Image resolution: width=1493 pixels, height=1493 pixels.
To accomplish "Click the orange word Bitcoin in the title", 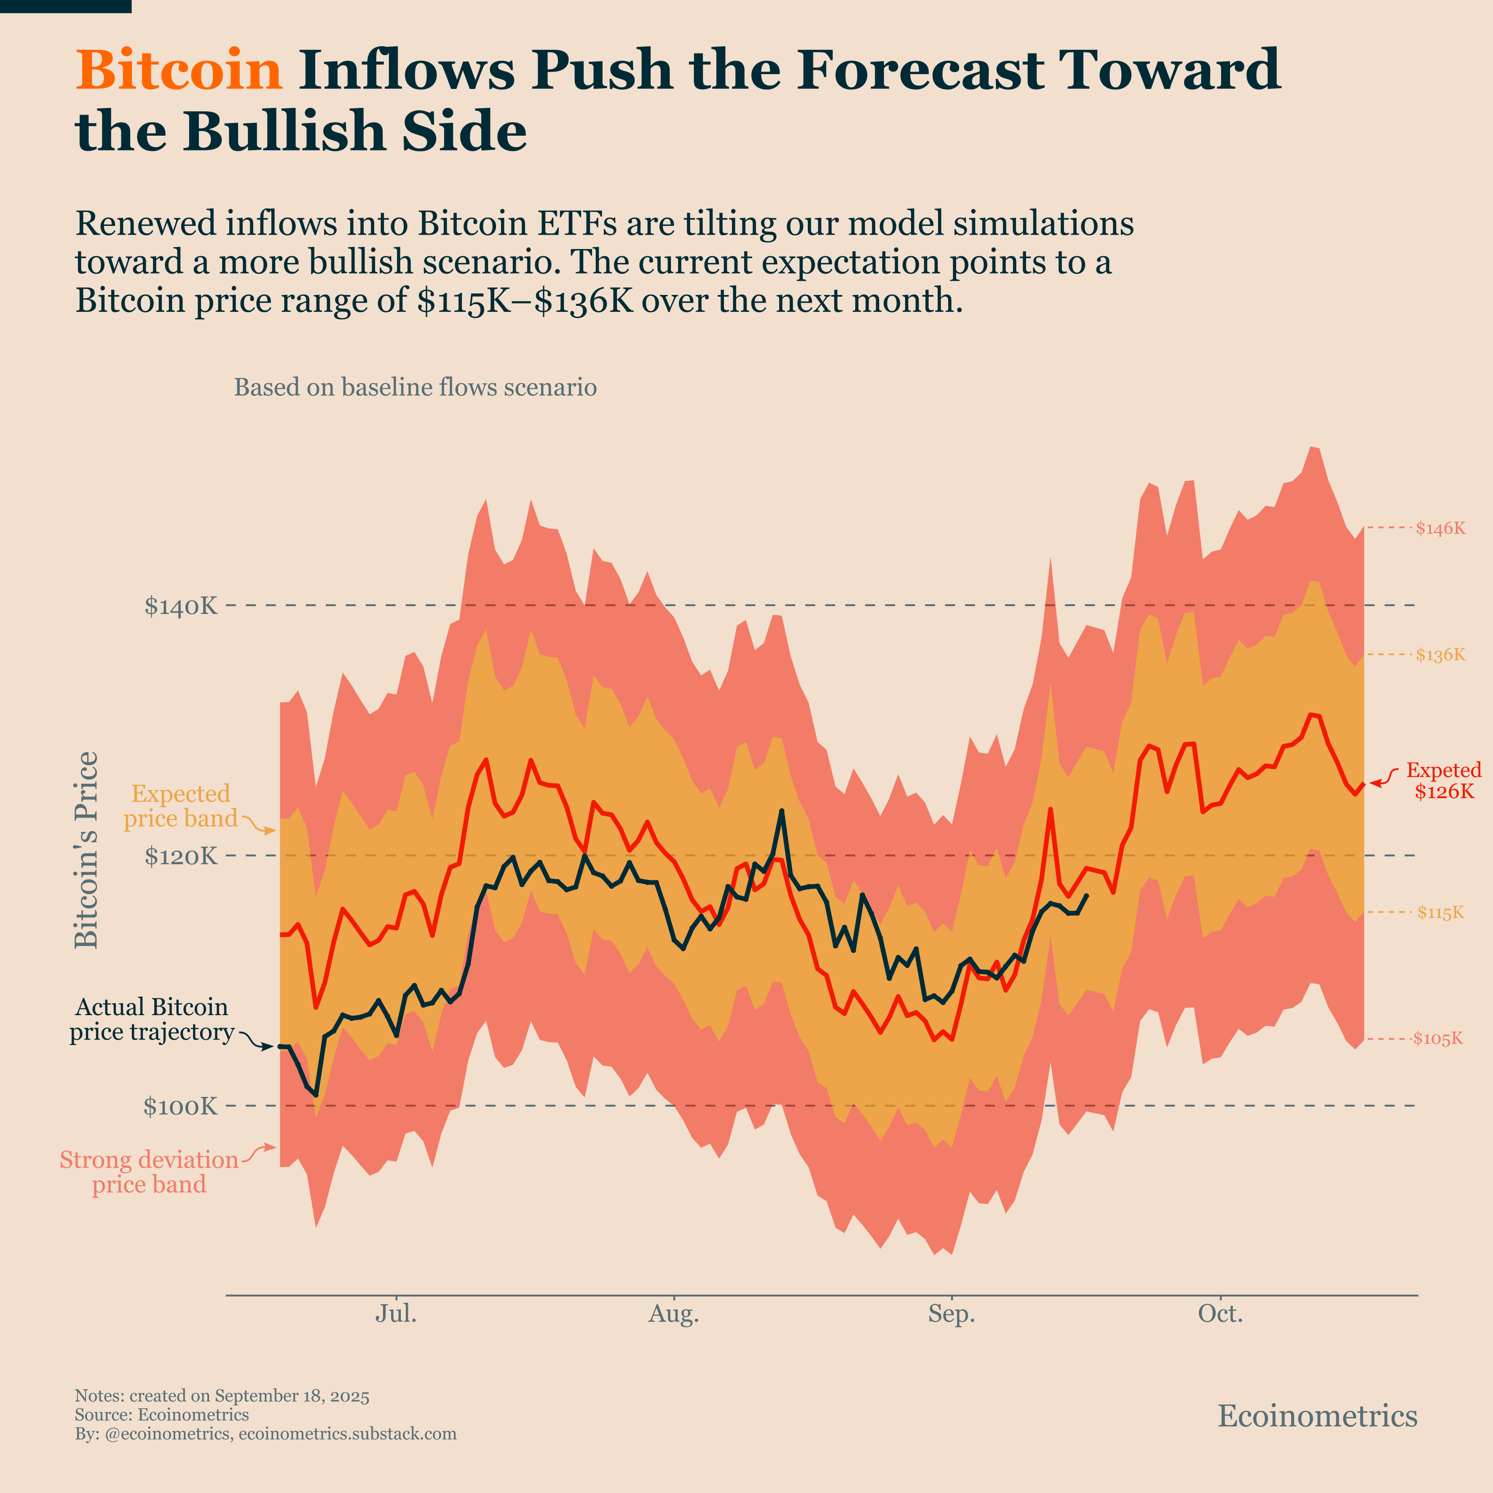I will [179, 70].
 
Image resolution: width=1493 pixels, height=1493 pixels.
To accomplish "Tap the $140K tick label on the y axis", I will [181, 607].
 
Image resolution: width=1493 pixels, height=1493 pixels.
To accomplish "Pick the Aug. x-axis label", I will [673, 1314].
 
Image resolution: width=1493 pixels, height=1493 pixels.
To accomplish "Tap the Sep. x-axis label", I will [951, 1314].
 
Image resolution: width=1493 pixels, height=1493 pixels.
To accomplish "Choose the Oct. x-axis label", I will [1220, 1314].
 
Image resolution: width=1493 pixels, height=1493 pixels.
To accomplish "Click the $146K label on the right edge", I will [1439, 528].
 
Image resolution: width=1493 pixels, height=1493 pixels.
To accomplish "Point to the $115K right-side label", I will [1439, 913].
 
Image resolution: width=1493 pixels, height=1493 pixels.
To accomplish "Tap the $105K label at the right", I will [1438, 1039].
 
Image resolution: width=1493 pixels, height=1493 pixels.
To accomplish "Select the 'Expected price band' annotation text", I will [181, 806].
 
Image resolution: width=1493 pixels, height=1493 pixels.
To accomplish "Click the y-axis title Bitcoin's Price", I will [86, 850].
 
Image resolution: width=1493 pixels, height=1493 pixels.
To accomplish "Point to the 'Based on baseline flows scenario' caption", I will [415, 387].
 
